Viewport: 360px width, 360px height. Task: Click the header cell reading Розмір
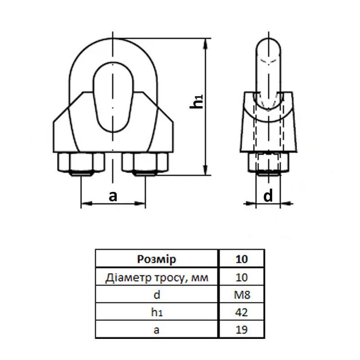click(156, 259)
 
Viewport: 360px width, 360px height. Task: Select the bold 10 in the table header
click(242, 259)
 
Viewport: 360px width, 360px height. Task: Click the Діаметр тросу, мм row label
click(156, 277)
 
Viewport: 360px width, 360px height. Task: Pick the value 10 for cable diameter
click(242, 277)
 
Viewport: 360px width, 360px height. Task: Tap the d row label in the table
click(156, 295)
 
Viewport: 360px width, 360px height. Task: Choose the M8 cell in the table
click(242, 295)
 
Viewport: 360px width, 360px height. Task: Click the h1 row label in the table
click(156, 312)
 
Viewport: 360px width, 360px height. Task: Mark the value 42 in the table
click(242, 312)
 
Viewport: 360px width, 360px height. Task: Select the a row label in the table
click(156, 330)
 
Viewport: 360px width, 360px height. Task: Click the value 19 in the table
click(242, 330)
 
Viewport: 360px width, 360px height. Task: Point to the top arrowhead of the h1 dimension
click(207, 43)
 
